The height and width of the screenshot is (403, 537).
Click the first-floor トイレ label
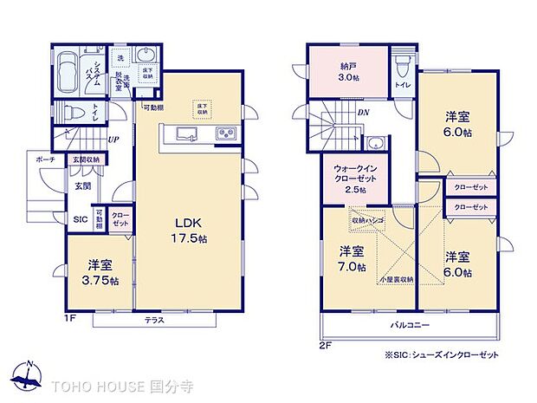[92, 113]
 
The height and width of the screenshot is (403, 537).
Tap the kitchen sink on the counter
[185, 133]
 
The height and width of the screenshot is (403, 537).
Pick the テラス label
[155, 320]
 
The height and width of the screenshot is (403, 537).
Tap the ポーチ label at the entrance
[46, 160]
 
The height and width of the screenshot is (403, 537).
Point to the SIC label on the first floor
[79, 219]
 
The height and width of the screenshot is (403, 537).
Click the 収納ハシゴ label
[366, 220]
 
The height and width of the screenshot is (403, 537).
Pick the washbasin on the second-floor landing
[375, 143]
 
